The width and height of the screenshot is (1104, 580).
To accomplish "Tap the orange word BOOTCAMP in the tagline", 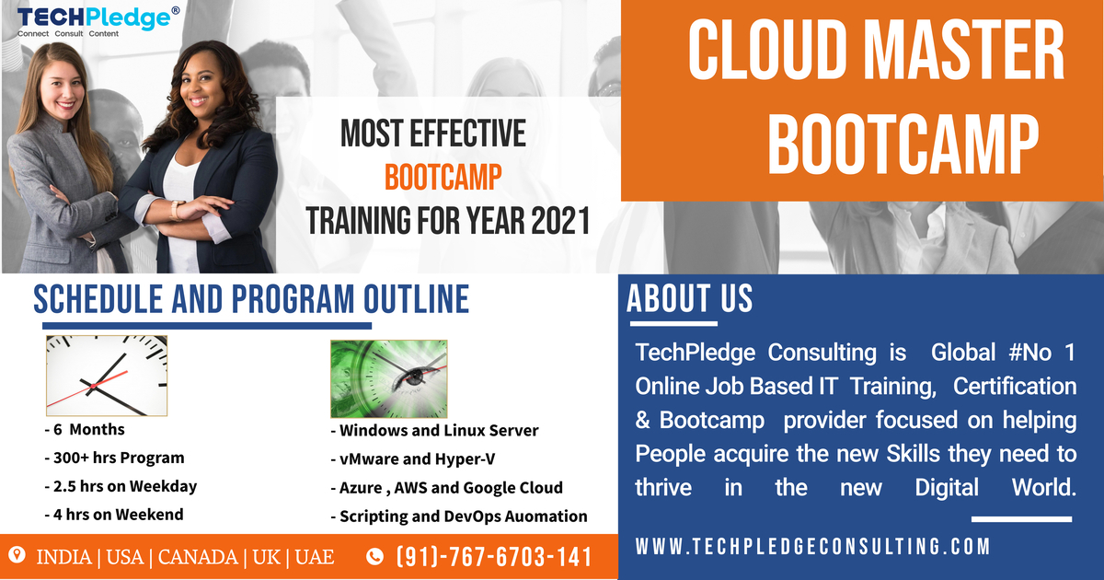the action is coord(443,177).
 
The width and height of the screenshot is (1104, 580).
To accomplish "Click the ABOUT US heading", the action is coord(689,298).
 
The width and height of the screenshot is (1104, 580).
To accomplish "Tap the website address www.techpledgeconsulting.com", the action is coord(812,547).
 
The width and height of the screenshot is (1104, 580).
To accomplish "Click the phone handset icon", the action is coord(374,557).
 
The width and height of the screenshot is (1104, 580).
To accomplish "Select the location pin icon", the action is coord(17,555).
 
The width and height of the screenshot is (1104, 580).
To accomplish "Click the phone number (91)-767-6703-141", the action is coord(494,557).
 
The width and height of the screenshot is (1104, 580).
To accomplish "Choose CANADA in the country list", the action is coord(198,557).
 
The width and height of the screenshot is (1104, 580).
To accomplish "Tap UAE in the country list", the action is coord(315,557).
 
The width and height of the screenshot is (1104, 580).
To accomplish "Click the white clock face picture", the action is coord(107,376).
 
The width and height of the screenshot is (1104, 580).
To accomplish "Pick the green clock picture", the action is coord(389,378).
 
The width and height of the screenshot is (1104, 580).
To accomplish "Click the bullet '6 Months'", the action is coord(85,430).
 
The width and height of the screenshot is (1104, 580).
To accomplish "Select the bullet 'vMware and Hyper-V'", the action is coord(413,459).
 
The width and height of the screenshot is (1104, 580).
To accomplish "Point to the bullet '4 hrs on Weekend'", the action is coord(114,515).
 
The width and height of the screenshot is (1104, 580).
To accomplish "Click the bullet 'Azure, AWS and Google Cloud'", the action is coord(446,488).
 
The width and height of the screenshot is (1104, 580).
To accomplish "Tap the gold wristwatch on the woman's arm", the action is coord(176,211).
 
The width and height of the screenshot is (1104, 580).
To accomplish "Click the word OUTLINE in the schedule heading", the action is coord(417,299).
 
